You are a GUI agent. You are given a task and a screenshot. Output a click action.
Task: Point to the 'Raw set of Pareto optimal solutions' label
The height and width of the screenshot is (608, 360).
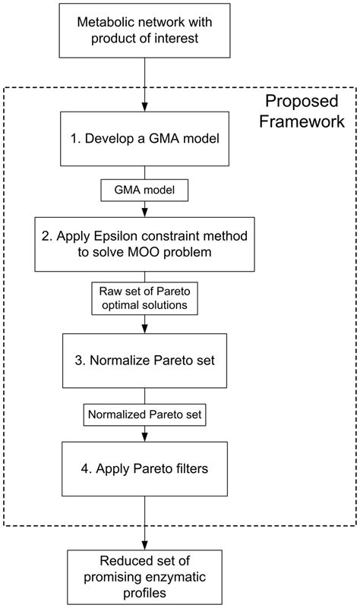pos(144,298)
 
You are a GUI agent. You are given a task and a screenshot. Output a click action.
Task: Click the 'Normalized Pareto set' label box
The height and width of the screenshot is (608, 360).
pos(144,415)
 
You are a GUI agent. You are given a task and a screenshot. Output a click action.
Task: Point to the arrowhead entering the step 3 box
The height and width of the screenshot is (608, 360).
pos(144,329)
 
